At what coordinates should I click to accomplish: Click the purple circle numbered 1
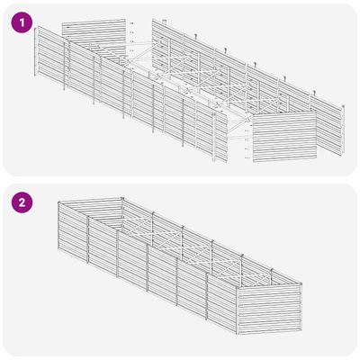[22, 22]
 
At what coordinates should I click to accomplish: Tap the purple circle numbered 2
[22, 202]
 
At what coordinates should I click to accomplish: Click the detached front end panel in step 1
[284, 137]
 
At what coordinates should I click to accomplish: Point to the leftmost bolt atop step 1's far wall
[164, 21]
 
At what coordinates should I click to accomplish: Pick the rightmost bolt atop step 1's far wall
[314, 93]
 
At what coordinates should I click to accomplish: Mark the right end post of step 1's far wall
[342, 130]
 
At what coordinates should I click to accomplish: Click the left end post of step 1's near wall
[35, 51]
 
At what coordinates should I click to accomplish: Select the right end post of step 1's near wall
[214, 138]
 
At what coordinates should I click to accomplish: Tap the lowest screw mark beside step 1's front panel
[247, 157]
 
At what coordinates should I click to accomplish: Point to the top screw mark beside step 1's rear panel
[131, 23]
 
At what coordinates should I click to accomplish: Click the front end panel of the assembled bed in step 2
[269, 309]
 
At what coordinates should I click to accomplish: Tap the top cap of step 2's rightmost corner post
[301, 283]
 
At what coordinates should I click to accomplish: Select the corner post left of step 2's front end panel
[238, 310]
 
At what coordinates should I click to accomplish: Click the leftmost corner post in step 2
[59, 225]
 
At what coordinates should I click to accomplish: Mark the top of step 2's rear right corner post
[121, 199]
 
